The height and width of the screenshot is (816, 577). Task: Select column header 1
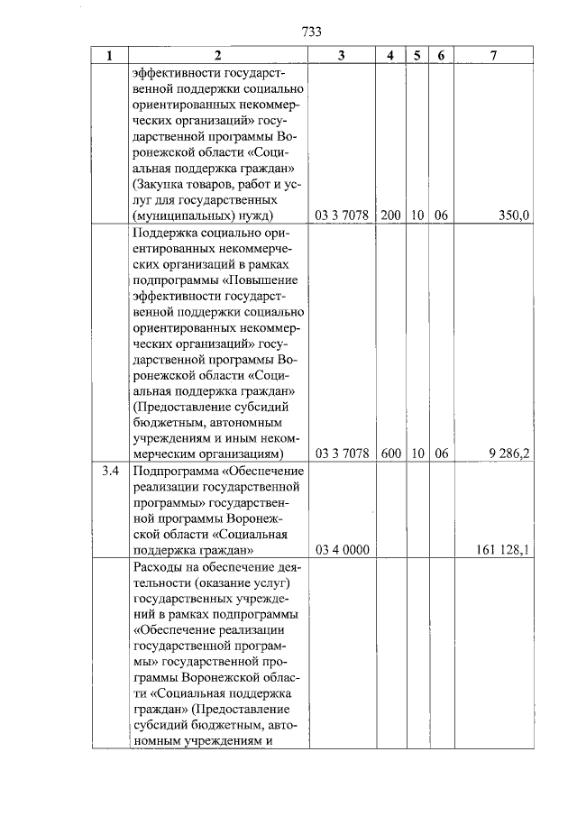(x=110, y=55)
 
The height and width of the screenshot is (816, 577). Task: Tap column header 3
(x=342, y=55)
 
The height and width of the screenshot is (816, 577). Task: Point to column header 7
(x=494, y=55)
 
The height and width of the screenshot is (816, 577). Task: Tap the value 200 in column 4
(x=390, y=215)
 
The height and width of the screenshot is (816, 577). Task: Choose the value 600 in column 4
(x=390, y=454)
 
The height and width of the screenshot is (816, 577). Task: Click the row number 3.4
(x=110, y=471)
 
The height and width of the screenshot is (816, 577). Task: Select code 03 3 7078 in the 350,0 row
(x=342, y=215)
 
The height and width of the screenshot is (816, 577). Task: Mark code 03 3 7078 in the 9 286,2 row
(x=342, y=454)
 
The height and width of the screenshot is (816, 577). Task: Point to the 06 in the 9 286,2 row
(x=441, y=454)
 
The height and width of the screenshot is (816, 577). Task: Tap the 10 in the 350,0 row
(x=417, y=215)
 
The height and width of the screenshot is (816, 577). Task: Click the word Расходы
(x=157, y=566)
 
